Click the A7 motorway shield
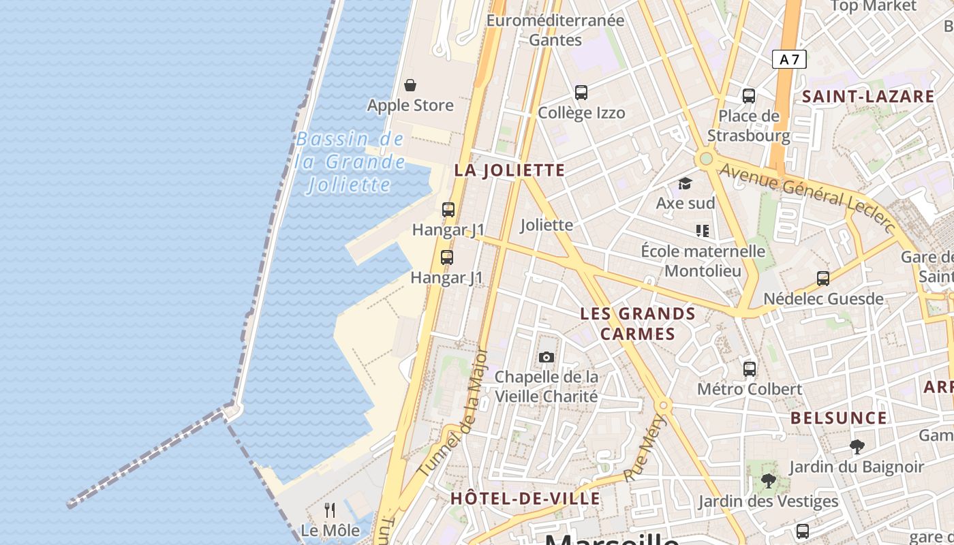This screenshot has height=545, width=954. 789,59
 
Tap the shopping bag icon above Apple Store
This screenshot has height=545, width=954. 410,85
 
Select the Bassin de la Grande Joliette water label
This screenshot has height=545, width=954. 350,162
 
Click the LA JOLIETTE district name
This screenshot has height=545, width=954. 510,170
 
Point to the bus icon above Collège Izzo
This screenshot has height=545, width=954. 581,92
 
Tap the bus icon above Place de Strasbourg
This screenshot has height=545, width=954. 749,95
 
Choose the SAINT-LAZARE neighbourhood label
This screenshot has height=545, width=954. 868,97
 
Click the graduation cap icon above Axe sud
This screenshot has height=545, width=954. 685,183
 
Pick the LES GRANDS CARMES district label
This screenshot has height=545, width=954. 638,324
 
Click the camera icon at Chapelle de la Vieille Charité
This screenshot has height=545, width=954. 546,357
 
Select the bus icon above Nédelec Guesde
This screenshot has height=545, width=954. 823,278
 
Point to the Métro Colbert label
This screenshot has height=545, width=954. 750,389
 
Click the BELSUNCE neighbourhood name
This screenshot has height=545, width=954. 839,418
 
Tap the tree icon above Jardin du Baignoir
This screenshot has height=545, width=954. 857,447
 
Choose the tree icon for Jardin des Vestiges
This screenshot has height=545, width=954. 768,481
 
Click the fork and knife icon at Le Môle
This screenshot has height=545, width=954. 330,510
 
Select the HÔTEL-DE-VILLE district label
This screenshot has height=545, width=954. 525,498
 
